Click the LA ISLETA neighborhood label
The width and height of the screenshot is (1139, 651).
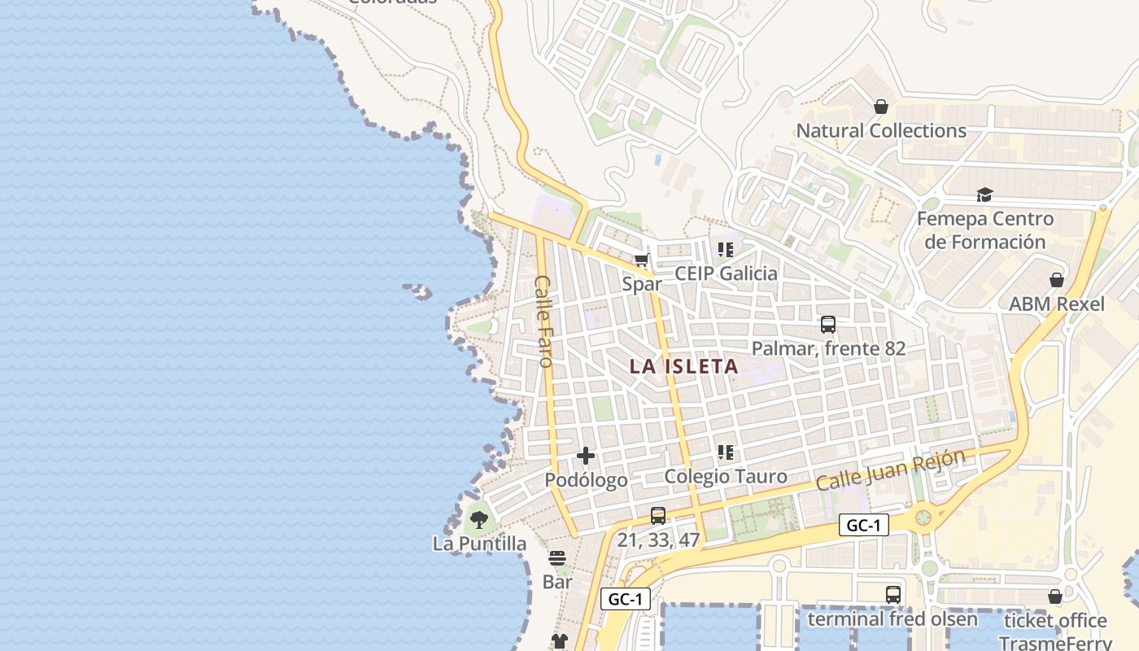[684, 366]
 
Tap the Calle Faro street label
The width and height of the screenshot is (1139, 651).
[543, 321]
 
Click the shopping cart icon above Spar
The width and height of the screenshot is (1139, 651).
[642, 260]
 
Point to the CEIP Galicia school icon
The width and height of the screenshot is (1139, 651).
[725, 250]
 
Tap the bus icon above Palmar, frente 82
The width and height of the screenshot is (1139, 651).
[828, 325]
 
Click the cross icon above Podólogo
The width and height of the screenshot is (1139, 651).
[586, 456]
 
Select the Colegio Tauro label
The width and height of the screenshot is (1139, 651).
[726, 477]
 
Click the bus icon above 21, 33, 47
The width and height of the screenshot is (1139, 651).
[658, 515]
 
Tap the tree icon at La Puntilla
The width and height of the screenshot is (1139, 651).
[479, 518]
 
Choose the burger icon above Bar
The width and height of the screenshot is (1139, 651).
[557, 558]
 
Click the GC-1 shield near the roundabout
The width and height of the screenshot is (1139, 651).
[863, 526]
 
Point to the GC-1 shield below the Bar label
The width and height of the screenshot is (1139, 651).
[626, 600]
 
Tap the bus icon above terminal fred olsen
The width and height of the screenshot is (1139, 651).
[892, 594]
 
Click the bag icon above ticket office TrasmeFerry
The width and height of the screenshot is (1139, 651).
[1055, 596]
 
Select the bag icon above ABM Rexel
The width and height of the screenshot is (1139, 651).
[1056, 280]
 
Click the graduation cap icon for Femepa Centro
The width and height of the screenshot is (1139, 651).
[984, 194]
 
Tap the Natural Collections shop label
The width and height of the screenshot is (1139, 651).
[880, 131]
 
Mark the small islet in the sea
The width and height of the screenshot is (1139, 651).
[418, 291]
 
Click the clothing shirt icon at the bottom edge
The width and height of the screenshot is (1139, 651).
[559, 641]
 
